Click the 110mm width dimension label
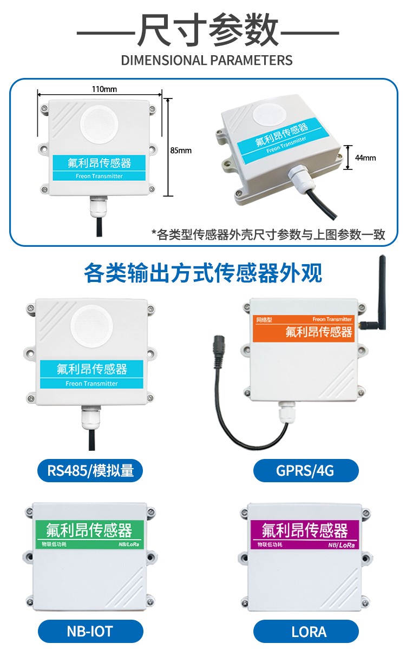104,89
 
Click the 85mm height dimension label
181,150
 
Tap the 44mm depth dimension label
365,157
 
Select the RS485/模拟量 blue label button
90,470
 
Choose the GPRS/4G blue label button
306,470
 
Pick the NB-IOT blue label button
90,631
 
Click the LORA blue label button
306,631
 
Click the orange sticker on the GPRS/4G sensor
304,329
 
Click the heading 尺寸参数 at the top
207,31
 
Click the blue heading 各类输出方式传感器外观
203,273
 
